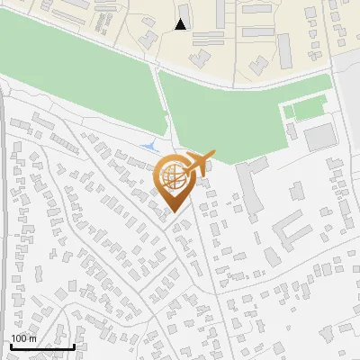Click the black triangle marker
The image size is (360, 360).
[x=181, y=25]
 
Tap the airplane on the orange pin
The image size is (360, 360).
[x=200, y=160]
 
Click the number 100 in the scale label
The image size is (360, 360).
[x=19, y=338]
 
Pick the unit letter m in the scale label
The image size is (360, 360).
[x=32, y=338]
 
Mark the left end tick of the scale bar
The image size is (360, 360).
[x=10, y=346]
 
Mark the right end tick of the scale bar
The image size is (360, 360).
[x=74, y=346]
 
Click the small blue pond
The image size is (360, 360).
[x=148, y=145]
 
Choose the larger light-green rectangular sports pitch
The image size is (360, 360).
[x=303, y=111]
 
